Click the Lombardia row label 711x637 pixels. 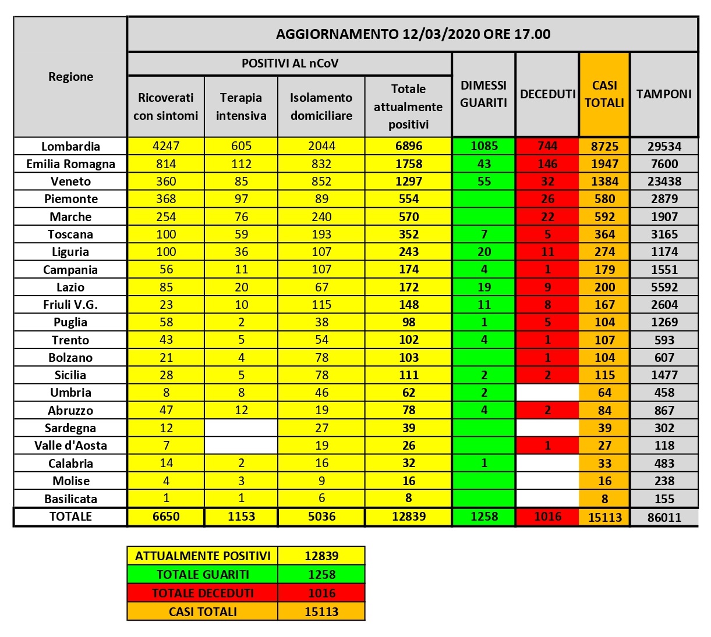[70, 147]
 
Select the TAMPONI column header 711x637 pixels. [664, 94]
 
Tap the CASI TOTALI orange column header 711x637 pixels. [604, 94]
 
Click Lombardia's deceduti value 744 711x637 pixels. [547, 146]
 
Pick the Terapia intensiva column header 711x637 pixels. [241, 106]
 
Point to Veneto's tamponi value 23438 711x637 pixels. [664, 182]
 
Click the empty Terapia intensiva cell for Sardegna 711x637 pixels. [241, 428]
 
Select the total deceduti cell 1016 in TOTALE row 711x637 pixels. [547, 517]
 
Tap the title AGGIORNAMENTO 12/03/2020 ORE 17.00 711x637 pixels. [413, 34]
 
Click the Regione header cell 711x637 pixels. [70, 77]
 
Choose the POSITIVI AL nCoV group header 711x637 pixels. [289, 63]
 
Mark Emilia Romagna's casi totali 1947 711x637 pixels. [604, 164]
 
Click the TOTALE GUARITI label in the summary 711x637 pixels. [203, 574]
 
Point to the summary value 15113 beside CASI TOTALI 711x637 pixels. [321, 611]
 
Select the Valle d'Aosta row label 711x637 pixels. [70, 446]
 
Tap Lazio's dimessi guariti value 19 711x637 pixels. [484, 287]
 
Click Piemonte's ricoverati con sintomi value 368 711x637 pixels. [166, 199]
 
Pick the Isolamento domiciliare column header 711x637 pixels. [321, 106]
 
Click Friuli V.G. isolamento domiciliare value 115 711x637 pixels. [321, 305]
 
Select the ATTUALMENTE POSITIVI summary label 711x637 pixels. [203, 556]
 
